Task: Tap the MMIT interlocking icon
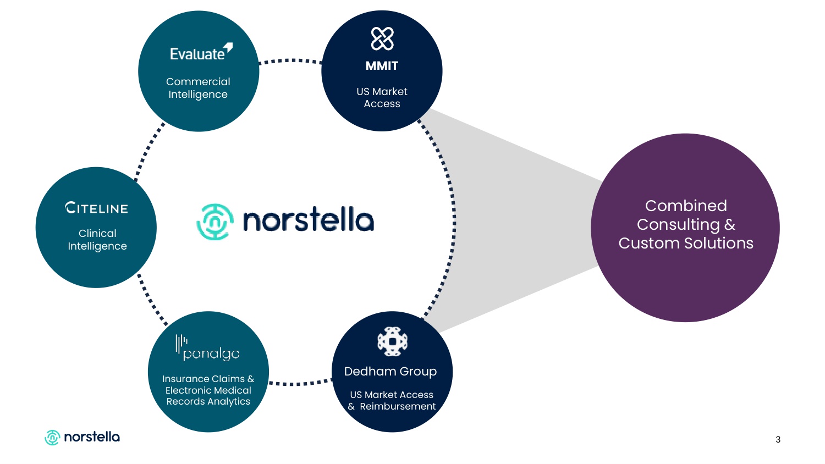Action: (x=382, y=38)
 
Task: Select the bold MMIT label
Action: (x=382, y=66)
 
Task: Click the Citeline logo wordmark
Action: (x=97, y=208)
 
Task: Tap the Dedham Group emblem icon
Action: (x=392, y=341)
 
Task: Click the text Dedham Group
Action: (x=391, y=372)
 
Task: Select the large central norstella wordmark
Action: (x=308, y=220)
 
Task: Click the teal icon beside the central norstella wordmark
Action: (x=215, y=222)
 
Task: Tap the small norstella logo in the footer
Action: (x=82, y=437)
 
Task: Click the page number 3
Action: (x=778, y=439)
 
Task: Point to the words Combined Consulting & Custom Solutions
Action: (x=686, y=224)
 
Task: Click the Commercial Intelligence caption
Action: (x=198, y=88)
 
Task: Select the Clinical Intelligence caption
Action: (x=97, y=240)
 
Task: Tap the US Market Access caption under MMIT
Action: (x=382, y=98)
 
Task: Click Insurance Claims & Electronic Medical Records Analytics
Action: (x=208, y=390)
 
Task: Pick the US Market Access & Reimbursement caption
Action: (x=392, y=401)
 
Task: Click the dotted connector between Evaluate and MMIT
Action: (x=290, y=61)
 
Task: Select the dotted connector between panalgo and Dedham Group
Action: (x=300, y=383)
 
